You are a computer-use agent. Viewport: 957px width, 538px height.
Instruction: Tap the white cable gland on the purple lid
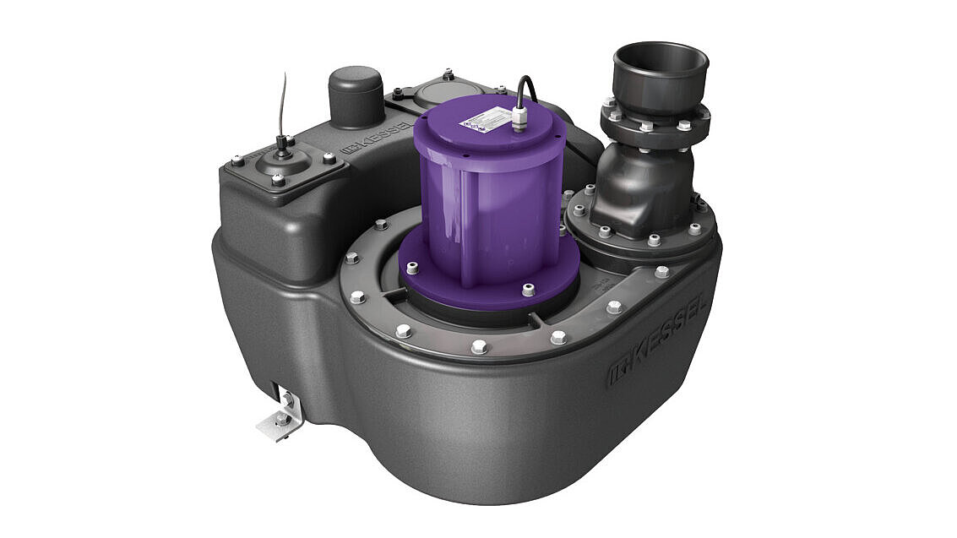tap(518, 118)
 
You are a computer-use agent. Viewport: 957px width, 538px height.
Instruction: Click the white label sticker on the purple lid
tap(480, 123)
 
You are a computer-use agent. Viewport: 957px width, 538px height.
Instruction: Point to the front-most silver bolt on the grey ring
tap(479, 346)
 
